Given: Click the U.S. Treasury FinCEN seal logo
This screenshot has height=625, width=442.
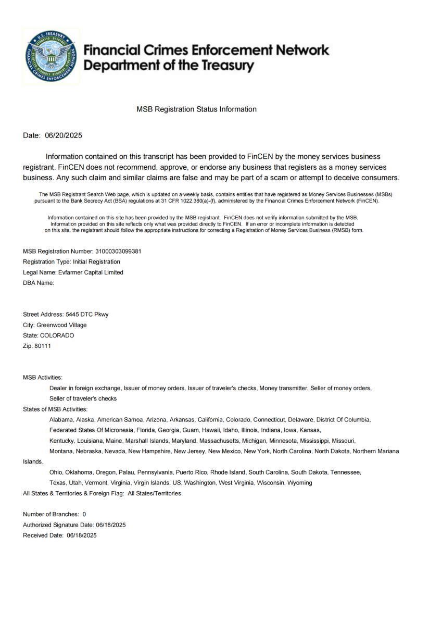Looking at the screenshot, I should pos(51,56).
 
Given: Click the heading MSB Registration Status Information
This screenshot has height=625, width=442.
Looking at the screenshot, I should pos(196,109).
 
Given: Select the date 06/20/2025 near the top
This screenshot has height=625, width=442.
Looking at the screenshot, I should pos(64,135).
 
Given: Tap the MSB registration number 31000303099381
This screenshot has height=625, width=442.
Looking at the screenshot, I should pos(118,251).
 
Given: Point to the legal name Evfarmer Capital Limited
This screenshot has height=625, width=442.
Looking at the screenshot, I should pos(91,272).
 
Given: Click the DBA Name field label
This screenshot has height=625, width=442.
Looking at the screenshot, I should pos(39,283).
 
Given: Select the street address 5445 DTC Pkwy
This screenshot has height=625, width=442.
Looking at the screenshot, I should pos(87,315).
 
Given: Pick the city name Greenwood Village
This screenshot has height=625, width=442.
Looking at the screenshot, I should pos(61,325).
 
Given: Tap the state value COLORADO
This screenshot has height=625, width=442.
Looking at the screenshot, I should pos(57,335).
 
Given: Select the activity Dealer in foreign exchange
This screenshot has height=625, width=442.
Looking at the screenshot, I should pos(85,388).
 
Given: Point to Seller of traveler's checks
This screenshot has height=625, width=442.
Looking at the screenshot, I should pos(83,398).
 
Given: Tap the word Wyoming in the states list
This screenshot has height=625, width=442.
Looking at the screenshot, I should pos(300,483).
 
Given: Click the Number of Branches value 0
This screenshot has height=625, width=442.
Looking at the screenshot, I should pos(84,514).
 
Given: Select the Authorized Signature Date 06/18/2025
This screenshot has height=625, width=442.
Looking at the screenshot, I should pos(111,525).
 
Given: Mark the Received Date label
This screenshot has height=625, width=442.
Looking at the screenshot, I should pos(43,535).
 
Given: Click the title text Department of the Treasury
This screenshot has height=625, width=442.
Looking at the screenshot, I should pos(169,66).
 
